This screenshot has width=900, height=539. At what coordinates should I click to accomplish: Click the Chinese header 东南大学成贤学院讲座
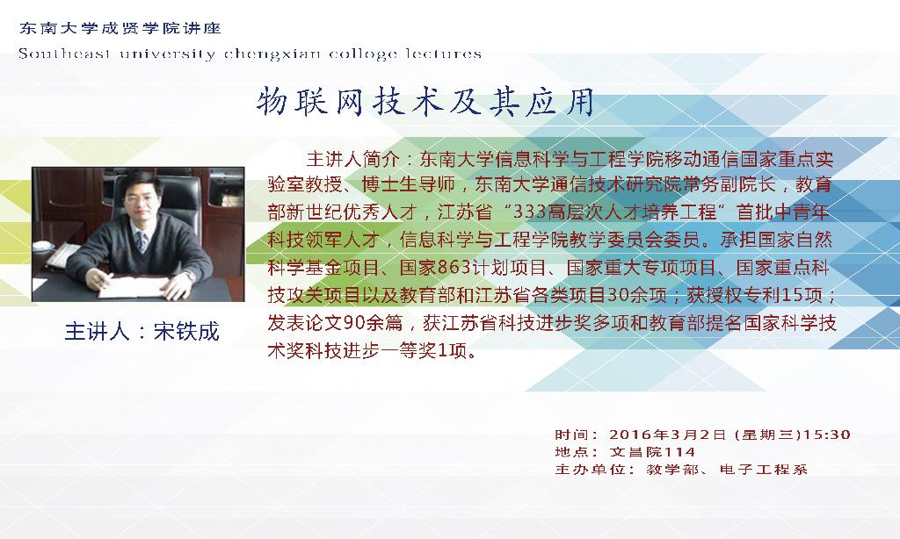(120, 28)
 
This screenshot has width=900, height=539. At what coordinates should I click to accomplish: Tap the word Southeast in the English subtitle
(64, 54)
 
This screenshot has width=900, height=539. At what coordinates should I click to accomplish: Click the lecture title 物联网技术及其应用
(425, 103)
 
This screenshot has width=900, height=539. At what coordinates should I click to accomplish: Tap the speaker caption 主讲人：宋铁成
(142, 332)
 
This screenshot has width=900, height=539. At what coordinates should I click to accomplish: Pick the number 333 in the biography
(528, 212)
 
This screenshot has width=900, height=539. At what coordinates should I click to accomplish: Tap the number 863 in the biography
(454, 267)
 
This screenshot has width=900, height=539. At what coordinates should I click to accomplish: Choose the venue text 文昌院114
(653, 452)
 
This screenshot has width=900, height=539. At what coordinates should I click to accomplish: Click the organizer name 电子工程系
(764, 470)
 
